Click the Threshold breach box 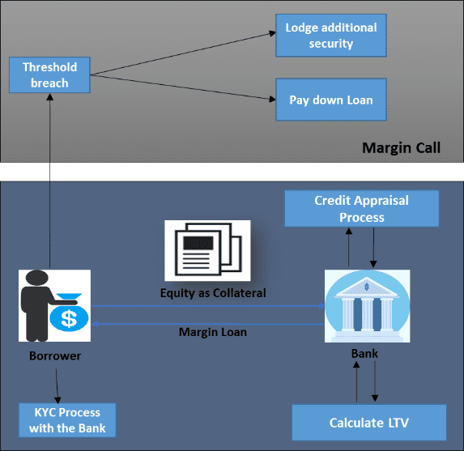click(x=49, y=74)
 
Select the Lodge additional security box click(x=331, y=36)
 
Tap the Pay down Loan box click(x=331, y=100)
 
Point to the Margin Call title click(x=402, y=147)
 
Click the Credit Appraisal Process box click(x=362, y=209)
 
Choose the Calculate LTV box click(x=369, y=423)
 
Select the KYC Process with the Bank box click(x=67, y=420)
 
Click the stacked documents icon click(x=208, y=250)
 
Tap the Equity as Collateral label click(x=213, y=293)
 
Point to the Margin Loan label click(x=213, y=332)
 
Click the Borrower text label click(x=55, y=355)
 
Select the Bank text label click(x=364, y=354)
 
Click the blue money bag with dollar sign click(x=69, y=314)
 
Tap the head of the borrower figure click(x=37, y=278)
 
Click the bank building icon click(x=368, y=306)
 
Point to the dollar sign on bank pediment click(x=367, y=287)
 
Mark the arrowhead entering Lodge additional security click(x=272, y=33)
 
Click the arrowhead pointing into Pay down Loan click(x=272, y=100)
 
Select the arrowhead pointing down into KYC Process click(x=57, y=400)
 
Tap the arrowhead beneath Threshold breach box click(x=50, y=97)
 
